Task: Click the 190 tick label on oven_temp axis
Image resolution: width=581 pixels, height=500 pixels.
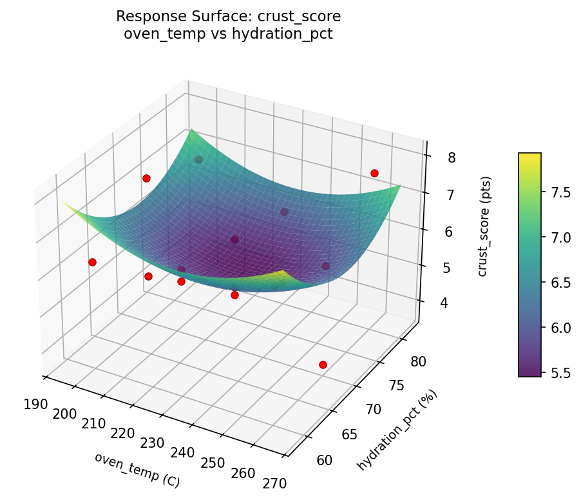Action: (35, 404)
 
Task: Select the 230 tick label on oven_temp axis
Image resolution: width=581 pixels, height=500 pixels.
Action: (152, 443)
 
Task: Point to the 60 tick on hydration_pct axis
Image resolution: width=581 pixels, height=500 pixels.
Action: (325, 460)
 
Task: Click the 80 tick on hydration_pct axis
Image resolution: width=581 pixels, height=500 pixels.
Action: (417, 361)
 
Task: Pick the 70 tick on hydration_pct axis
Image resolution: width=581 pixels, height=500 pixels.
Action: (373, 409)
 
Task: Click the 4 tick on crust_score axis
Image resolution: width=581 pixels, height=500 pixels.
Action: (445, 303)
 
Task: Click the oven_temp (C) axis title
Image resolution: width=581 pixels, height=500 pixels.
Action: (137, 470)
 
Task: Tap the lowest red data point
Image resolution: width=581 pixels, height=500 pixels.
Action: (323, 365)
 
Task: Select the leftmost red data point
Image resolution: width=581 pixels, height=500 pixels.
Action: (92, 262)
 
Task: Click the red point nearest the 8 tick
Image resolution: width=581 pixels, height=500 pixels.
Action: (374, 173)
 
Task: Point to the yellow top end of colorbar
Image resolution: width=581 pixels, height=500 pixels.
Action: (529, 155)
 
